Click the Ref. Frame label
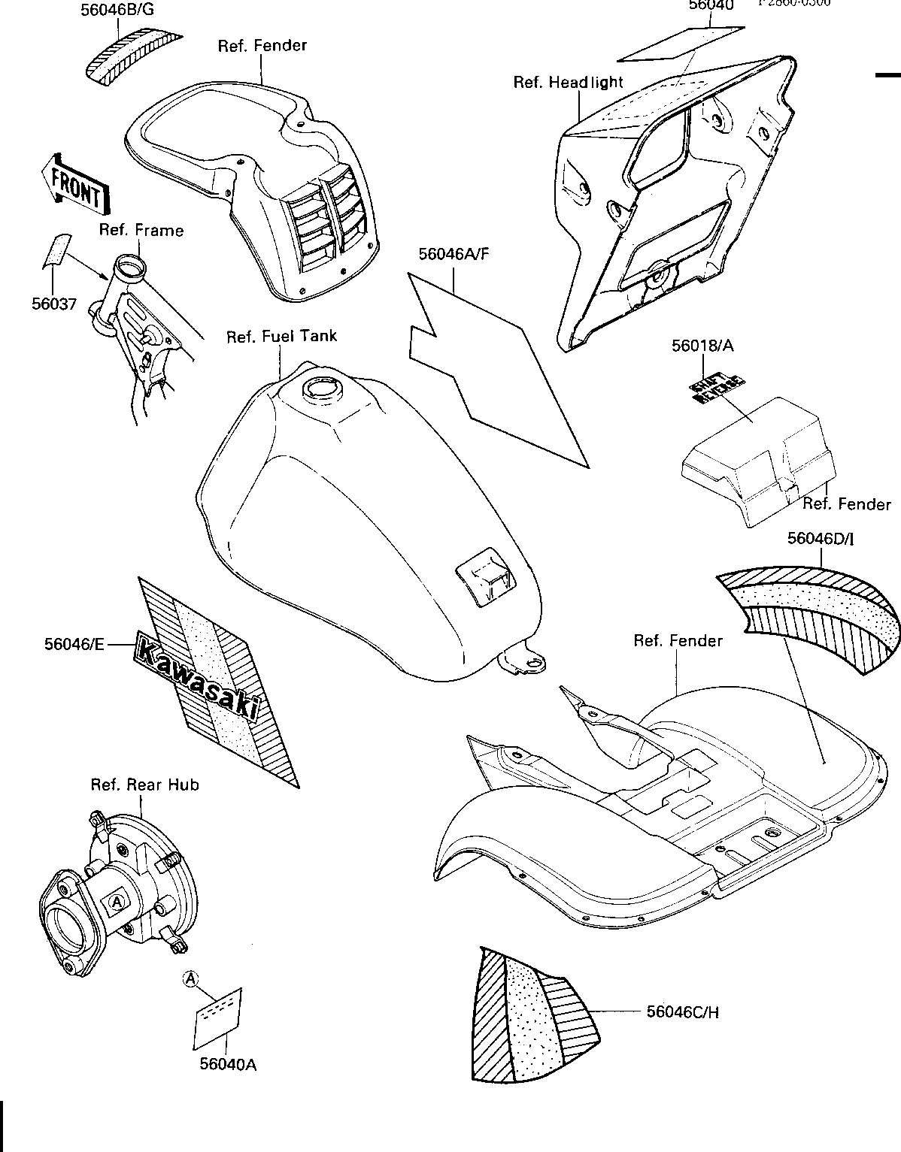pyautogui.click(x=141, y=230)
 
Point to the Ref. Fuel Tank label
pyautogui.click(x=282, y=336)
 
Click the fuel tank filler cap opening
pyautogui.click(x=321, y=389)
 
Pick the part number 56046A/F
pyautogui.click(x=454, y=253)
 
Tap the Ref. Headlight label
pyautogui.click(x=569, y=82)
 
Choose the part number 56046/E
pyautogui.click(x=74, y=643)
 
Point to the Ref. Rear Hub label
pyautogui.click(x=145, y=785)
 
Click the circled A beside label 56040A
pyautogui.click(x=191, y=978)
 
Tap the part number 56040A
pyautogui.click(x=229, y=1064)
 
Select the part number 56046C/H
pyautogui.click(x=683, y=1012)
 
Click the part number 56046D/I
pyautogui.click(x=821, y=538)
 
